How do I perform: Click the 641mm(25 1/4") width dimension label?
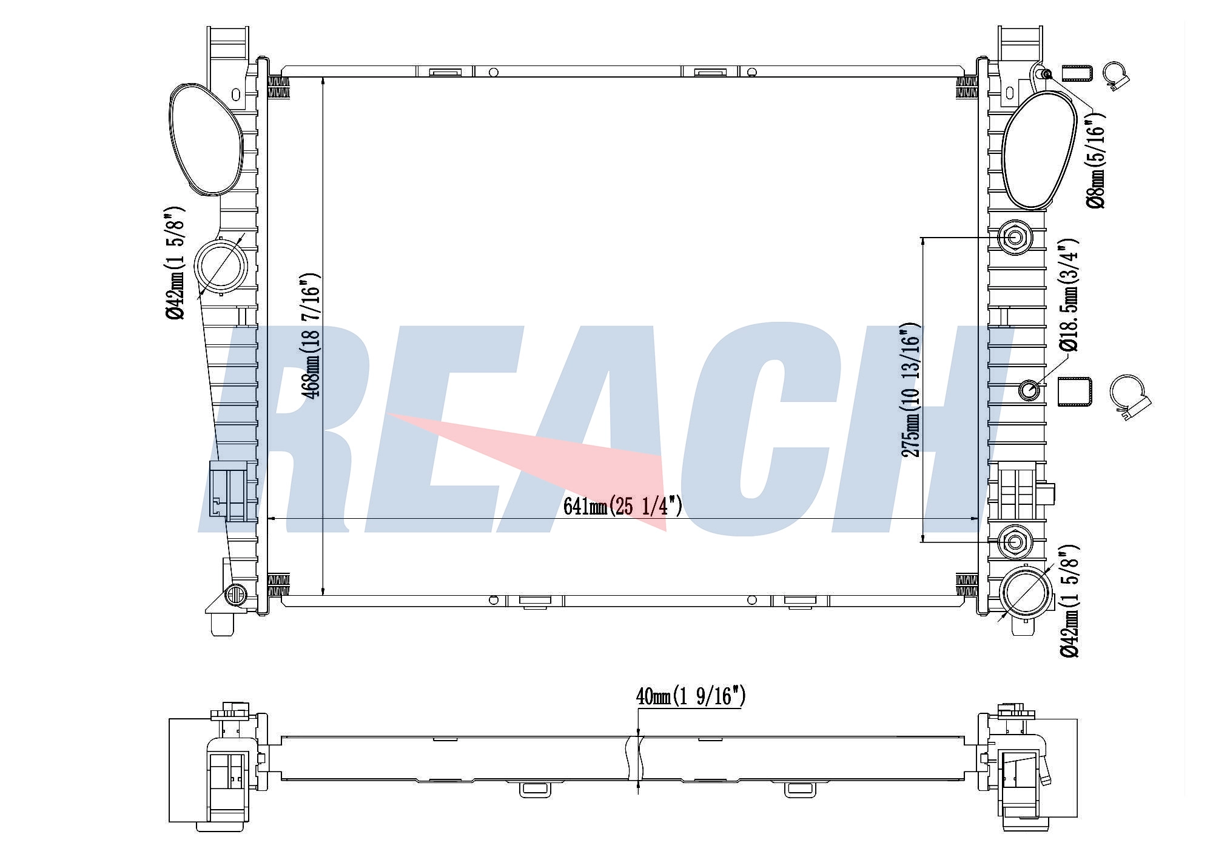[622, 506]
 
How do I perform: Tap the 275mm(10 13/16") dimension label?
[912, 390]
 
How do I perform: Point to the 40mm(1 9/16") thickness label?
[690, 696]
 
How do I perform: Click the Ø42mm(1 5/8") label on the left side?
[175, 262]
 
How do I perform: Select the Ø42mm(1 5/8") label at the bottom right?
[1069, 601]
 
